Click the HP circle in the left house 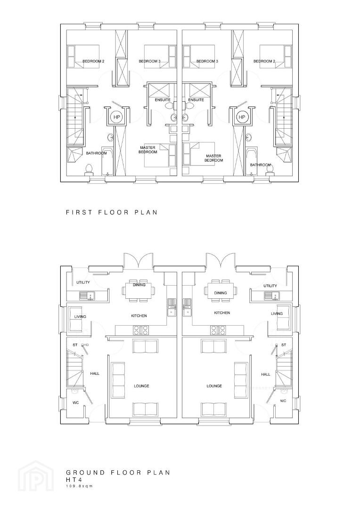(x=116, y=117)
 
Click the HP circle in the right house (x=242, y=117)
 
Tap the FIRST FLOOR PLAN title (x=112, y=212)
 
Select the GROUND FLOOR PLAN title (x=118, y=472)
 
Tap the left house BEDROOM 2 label (x=93, y=61)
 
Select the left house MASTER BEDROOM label (x=147, y=150)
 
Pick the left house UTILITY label (x=83, y=282)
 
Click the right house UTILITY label (x=270, y=286)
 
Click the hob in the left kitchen (x=141, y=330)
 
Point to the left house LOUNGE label (x=141, y=386)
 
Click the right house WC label (x=283, y=401)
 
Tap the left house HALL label (x=95, y=374)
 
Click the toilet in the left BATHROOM (x=89, y=170)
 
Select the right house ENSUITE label (x=196, y=99)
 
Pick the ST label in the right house (x=284, y=345)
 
